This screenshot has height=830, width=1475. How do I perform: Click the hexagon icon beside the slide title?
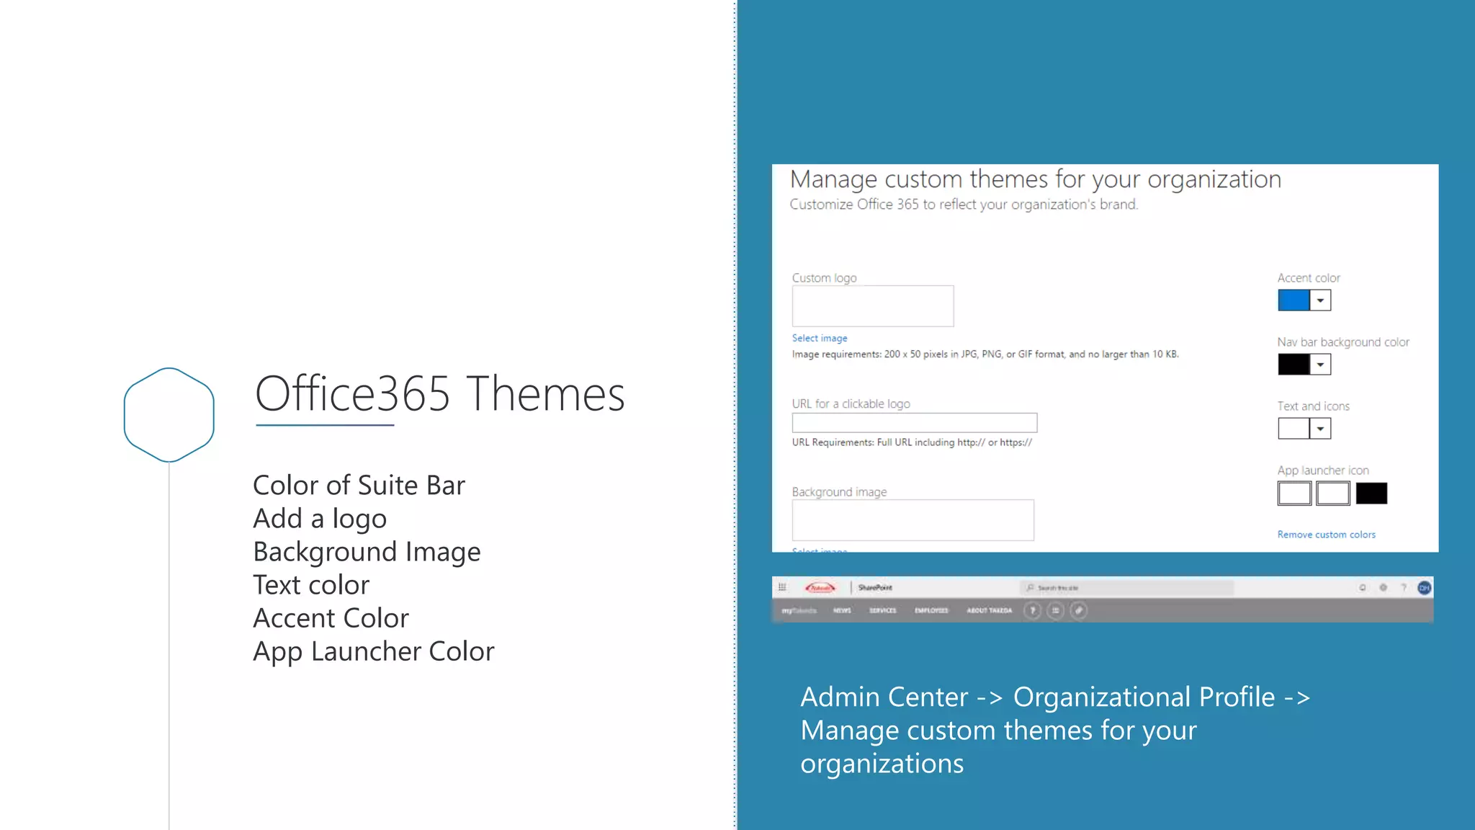pyautogui.click(x=169, y=414)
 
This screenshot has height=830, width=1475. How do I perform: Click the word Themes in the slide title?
pyautogui.click(x=546, y=394)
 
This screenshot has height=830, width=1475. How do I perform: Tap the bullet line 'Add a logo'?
pyautogui.click(x=320, y=519)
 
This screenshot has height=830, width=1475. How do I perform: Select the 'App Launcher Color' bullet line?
pyautogui.click(x=373, y=651)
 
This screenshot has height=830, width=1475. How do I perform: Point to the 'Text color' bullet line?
pyautogui.click(x=311, y=585)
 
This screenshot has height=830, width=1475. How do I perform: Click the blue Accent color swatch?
pyautogui.click(x=1294, y=300)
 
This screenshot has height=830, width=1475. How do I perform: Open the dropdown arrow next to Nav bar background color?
pyautogui.click(x=1320, y=365)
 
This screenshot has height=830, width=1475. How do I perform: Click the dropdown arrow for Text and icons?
pyautogui.click(x=1320, y=429)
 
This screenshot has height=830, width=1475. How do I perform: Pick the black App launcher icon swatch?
pyautogui.click(x=1371, y=494)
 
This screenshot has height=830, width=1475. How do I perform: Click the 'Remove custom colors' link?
pyautogui.click(x=1326, y=535)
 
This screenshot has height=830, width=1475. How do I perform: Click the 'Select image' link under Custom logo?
pyautogui.click(x=820, y=338)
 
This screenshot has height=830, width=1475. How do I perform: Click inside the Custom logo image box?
pyautogui.click(x=873, y=306)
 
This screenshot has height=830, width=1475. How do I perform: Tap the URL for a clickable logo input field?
pyautogui.click(x=914, y=423)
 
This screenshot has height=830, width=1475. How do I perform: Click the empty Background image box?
pyautogui.click(x=913, y=520)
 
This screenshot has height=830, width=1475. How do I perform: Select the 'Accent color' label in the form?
pyautogui.click(x=1309, y=278)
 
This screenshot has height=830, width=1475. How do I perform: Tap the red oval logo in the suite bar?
pyautogui.click(x=820, y=588)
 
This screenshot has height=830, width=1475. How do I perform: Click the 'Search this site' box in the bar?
pyautogui.click(x=1127, y=588)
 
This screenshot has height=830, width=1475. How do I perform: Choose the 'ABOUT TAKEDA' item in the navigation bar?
pyautogui.click(x=989, y=611)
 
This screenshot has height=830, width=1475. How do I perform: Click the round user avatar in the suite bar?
pyautogui.click(x=1424, y=588)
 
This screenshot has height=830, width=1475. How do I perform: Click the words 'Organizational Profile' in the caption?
pyautogui.click(x=1144, y=697)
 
